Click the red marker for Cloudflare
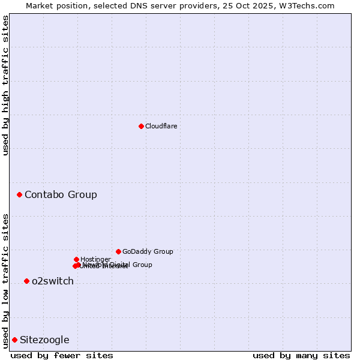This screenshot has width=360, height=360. (x=141, y=126)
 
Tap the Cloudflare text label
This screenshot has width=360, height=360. (x=161, y=126)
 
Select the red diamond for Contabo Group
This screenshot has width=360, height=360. (x=20, y=194)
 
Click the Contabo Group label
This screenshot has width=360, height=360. (x=61, y=194)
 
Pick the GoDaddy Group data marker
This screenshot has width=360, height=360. (x=118, y=251)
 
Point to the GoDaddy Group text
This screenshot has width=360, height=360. (x=148, y=251)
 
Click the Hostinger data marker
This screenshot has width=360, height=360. (x=76, y=259)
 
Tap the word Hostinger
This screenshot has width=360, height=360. (x=95, y=259)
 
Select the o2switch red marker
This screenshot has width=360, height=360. (x=26, y=281)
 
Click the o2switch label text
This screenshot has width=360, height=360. (x=53, y=281)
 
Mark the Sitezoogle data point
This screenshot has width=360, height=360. (x=14, y=340)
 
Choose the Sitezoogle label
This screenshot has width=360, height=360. (x=44, y=340)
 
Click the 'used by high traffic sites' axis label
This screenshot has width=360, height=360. (x=5, y=85)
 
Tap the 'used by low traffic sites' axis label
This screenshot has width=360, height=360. (x=5, y=280)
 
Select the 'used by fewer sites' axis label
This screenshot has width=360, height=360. (x=62, y=355)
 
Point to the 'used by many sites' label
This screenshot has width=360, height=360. (x=301, y=355)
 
